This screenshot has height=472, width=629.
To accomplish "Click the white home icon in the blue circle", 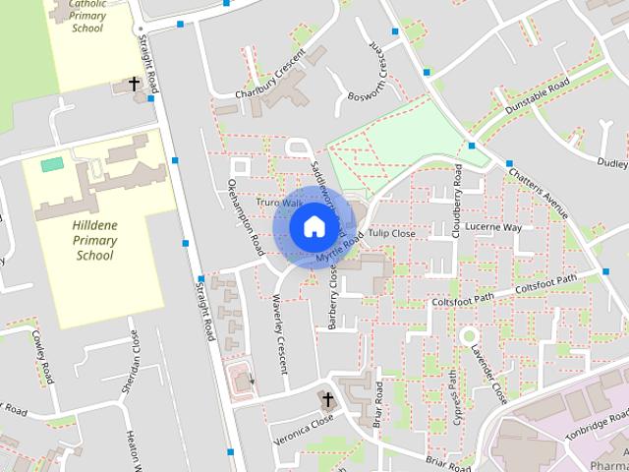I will pos(314,226).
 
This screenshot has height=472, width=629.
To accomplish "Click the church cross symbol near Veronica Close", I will pos(328,399).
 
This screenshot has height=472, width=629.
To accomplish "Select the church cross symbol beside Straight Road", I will pos(135,85).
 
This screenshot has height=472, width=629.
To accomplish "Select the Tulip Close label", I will pos(391,234).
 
